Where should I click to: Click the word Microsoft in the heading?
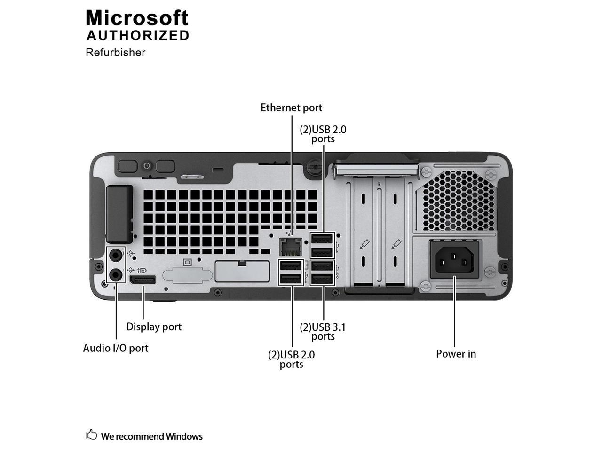[137, 18]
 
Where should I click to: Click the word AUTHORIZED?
[138, 36]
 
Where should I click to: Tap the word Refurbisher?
[115, 52]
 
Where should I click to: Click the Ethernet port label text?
[291, 108]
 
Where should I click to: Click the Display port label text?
[154, 327]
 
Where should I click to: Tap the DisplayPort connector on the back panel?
[143, 280]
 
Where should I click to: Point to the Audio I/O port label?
[116, 348]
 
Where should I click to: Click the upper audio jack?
[116, 255]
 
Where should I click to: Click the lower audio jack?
[116, 274]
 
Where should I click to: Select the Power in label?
[456, 354]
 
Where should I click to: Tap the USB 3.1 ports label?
[323, 331]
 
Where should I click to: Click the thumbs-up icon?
[91, 435]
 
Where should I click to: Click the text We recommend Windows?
[151, 436]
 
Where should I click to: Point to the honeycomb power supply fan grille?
[455, 200]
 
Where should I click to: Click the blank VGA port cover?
[184, 274]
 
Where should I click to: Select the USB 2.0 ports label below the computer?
[292, 359]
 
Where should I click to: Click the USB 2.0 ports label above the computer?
[323, 134]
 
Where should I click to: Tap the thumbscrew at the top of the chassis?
[312, 168]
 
